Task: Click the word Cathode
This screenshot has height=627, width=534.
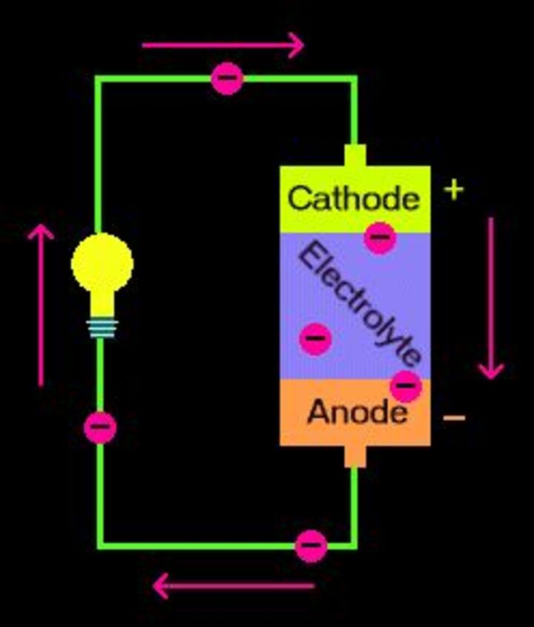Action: coord(353,199)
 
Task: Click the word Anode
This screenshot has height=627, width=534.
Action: coord(356,412)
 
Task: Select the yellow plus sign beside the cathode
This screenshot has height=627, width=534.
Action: coord(454,190)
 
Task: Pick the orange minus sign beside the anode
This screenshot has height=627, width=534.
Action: coord(454,418)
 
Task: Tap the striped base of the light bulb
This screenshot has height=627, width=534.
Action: coord(102,327)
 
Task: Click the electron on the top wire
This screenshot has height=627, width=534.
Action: coord(227,78)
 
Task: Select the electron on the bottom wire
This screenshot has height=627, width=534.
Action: coord(311,545)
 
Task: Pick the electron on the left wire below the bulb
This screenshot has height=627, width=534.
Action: coord(100,427)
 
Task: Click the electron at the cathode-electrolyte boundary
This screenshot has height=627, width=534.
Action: coord(380,237)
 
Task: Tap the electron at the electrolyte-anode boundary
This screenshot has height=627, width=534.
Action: coord(406,385)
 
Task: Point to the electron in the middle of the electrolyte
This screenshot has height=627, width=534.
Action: coord(315,338)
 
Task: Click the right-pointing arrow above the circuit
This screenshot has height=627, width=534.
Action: coord(222,45)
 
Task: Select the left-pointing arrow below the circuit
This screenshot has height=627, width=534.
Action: coord(233,586)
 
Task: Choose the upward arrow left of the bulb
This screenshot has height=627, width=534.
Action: coord(41,304)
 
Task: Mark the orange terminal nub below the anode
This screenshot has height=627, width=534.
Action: coord(355,456)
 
